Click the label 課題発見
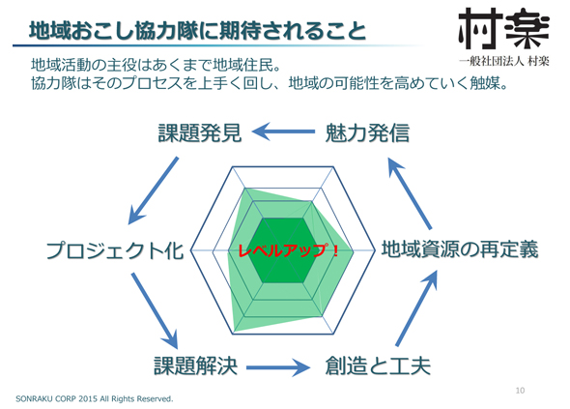[200, 132]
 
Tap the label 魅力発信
[367, 132]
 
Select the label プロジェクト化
[115, 250]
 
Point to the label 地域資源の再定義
[460, 249]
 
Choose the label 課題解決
[196, 365]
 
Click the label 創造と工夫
[378, 365]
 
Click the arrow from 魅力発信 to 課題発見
[283, 131]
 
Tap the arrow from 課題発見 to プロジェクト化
[154, 190]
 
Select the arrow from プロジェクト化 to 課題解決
[155, 310]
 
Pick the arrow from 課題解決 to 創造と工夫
[278, 367]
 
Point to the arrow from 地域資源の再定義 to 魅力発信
[410, 192]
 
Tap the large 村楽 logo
[504, 28]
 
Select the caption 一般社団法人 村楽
[504, 61]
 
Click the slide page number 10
[520, 391]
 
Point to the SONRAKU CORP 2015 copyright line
[95, 398]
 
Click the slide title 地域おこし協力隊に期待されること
[197, 31]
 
